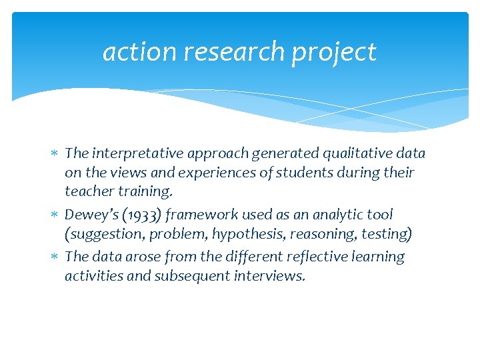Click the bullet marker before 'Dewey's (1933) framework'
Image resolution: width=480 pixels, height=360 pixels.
click(x=56, y=215)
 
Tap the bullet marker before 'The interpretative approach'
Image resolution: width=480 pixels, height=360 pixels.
click(x=56, y=154)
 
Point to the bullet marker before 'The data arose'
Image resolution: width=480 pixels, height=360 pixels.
click(x=56, y=257)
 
